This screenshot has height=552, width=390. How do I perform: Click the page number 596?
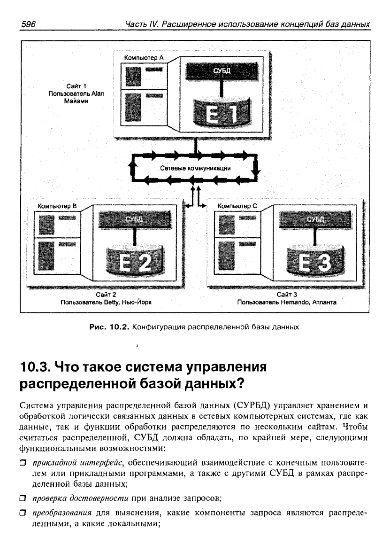click(x=29, y=24)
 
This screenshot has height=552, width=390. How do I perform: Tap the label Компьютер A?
click(x=144, y=57)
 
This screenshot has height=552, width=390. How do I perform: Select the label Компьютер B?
click(x=57, y=206)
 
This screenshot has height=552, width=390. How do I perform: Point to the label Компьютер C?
click(x=237, y=206)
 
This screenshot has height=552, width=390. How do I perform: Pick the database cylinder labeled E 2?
click(x=135, y=260)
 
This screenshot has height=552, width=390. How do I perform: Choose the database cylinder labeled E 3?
click(x=315, y=260)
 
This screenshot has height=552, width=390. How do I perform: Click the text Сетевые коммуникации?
click(x=196, y=168)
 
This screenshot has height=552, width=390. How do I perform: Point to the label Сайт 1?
click(x=76, y=86)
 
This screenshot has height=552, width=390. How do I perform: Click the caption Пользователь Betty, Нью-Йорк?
click(x=106, y=302)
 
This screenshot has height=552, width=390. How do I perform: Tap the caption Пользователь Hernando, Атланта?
click(x=287, y=302)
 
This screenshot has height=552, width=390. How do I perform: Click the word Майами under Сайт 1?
click(x=76, y=101)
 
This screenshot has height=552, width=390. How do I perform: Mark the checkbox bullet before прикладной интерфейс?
click(x=23, y=463)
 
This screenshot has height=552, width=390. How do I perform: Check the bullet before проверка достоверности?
click(x=23, y=498)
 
